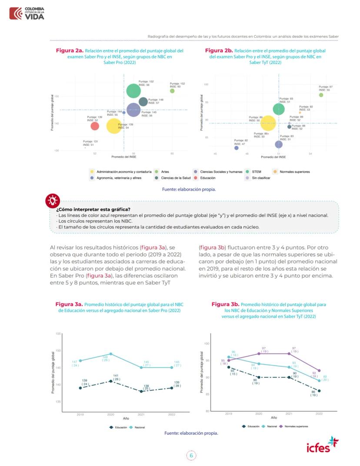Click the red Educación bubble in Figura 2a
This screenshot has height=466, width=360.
(x=95, y=126)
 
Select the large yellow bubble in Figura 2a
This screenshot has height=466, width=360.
(x=114, y=126)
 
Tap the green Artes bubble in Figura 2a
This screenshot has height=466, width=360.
(x=172, y=91)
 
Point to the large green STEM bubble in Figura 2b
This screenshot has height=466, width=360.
(x=279, y=109)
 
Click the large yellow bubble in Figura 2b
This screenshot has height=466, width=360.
(x=268, y=124)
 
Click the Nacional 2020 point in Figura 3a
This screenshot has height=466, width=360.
(x=111, y=354)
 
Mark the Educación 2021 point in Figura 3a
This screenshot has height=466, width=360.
(x=141, y=392)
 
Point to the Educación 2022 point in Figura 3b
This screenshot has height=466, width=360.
(x=319, y=391)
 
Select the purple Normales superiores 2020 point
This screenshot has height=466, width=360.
(x=259, y=354)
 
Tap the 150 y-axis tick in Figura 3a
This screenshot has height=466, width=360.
(x=58, y=351)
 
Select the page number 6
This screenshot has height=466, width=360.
(x=191, y=455)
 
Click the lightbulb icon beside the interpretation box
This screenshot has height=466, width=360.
(x=52, y=201)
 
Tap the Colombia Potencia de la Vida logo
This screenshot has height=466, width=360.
(x=27, y=13)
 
